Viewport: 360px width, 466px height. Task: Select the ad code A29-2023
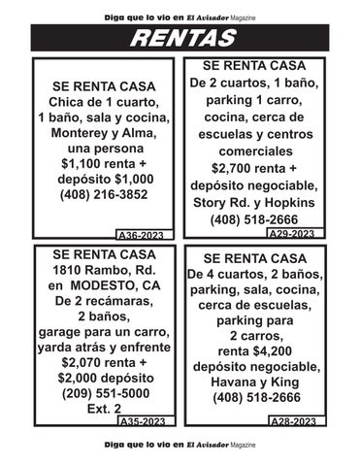click(290, 234)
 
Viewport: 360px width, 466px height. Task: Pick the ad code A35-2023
click(141, 421)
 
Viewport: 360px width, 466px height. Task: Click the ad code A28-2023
click(290, 421)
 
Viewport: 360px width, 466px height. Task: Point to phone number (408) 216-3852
click(105, 193)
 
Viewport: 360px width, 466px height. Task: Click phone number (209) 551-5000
click(106, 393)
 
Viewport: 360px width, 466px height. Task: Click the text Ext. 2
click(106, 409)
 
